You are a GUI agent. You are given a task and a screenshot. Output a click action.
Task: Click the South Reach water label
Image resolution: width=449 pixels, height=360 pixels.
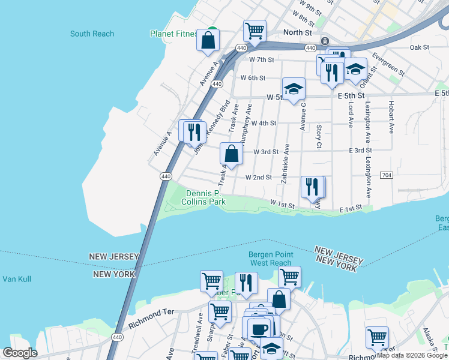click(x=92, y=34)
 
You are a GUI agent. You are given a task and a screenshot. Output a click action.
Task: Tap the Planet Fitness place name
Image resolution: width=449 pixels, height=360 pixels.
click(x=173, y=34)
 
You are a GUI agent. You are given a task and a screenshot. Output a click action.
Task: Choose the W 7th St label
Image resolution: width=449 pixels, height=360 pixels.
click(x=261, y=59)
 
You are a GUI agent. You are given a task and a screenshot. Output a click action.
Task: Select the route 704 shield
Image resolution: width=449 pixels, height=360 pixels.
click(x=387, y=175)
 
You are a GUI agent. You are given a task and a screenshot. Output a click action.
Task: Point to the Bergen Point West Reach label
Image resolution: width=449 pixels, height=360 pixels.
click(x=271, y=259)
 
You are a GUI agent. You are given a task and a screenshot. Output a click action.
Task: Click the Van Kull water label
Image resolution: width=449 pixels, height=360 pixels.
click(x=16, y=279)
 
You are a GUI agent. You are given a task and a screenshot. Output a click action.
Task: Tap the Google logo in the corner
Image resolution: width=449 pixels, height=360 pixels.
click(x=20, y=353)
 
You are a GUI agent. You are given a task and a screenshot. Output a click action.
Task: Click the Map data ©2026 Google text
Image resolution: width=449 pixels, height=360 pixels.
click(x=412, y=355)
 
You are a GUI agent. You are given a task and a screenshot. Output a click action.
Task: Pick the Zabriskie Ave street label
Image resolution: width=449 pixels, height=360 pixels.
click(x=287, y=163)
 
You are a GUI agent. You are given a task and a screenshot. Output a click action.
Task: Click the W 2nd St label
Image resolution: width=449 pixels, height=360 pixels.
click(x=259, y=178)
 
